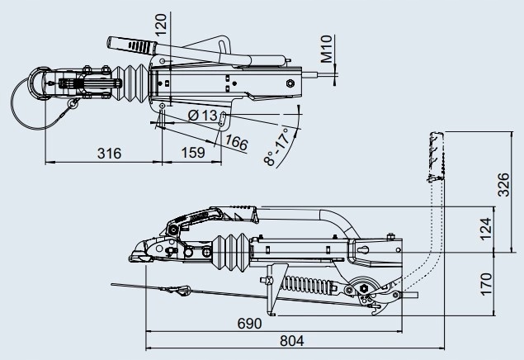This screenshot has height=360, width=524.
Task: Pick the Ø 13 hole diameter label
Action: coord(202,115)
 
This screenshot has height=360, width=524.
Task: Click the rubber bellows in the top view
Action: coord(132,82)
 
